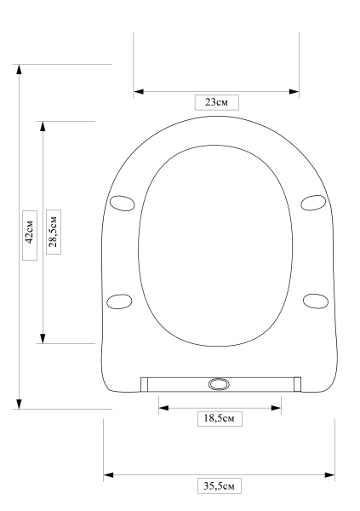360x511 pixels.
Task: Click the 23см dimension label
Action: tap(217, 102)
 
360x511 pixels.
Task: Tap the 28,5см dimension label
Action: tap(54, 232)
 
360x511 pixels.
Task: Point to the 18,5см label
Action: tap(220, 418)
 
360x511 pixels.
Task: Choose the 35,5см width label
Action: tap(220, 486)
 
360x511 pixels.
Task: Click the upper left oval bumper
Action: tap(123, 203)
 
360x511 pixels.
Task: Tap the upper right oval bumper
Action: tap(313, 203)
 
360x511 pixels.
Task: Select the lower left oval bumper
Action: tap(119, 301)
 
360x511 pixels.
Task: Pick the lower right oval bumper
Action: tap(316, 301)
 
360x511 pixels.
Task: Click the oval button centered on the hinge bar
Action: tap(219, 384)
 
